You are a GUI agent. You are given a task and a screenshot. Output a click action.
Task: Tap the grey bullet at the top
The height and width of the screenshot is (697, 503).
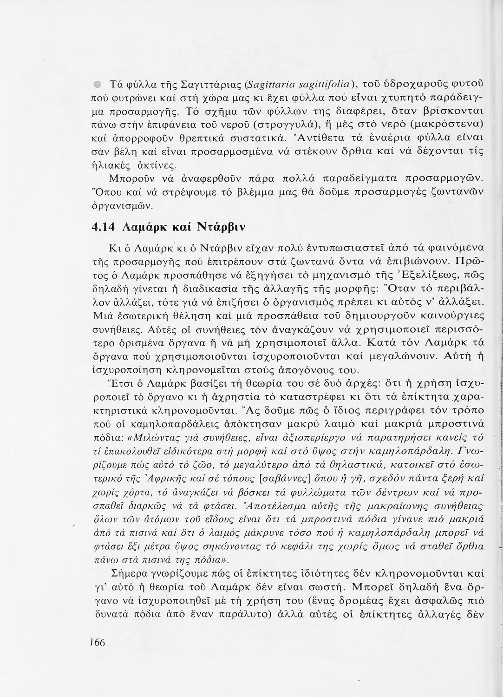(x=96, y=85)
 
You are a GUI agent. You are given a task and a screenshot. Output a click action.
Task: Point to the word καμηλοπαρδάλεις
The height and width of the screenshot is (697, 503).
(x=177, y=424)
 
